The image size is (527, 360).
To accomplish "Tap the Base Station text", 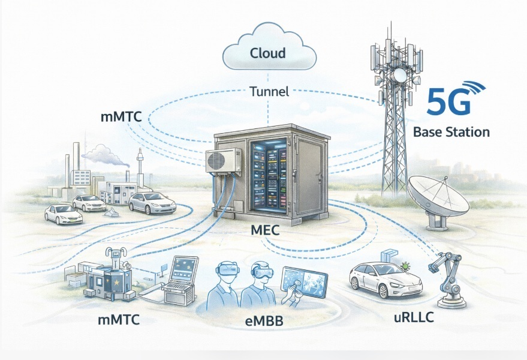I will (x=451, y=132).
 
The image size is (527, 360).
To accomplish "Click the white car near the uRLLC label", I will (x=377, y=280).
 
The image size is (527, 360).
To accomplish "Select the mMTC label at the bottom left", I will (x=118, y=319).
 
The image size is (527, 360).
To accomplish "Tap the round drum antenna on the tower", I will (x=399, y=75).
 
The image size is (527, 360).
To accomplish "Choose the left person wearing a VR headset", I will (x=223, y=286).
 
